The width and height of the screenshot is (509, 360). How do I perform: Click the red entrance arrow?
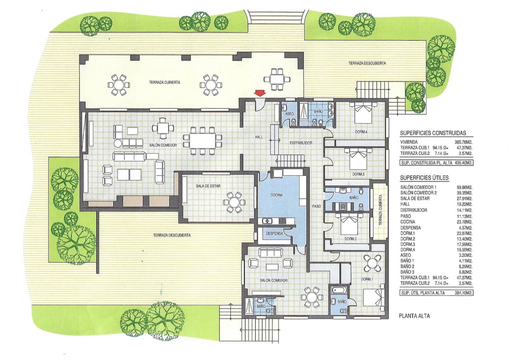click(260, 93)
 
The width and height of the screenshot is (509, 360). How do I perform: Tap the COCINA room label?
click(276, 195)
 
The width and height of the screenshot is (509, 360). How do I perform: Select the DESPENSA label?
click(274, 233)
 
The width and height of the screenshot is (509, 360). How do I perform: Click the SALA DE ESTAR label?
click(208, 186)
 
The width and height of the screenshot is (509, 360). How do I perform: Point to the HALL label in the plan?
click(259, 137)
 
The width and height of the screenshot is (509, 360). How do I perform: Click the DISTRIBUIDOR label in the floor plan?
click(301, 143)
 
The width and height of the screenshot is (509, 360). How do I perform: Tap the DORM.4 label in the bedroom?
click(361, 132)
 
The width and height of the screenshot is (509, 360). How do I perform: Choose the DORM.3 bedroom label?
click(358, 174)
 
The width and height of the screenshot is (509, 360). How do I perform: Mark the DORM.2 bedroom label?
click(350, 239)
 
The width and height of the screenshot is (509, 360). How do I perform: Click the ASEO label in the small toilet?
click(289, 114)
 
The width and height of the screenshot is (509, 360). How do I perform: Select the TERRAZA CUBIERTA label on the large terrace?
click(164, 82)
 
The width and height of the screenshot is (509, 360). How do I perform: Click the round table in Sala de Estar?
click(234, 202)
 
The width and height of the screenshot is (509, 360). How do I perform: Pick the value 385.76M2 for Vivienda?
click(463, 142)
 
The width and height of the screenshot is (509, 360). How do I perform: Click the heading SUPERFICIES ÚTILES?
click(424, 178)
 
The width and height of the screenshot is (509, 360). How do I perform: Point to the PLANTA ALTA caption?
click(414, 316)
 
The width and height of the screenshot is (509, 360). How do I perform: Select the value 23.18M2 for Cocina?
click(464, 222)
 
